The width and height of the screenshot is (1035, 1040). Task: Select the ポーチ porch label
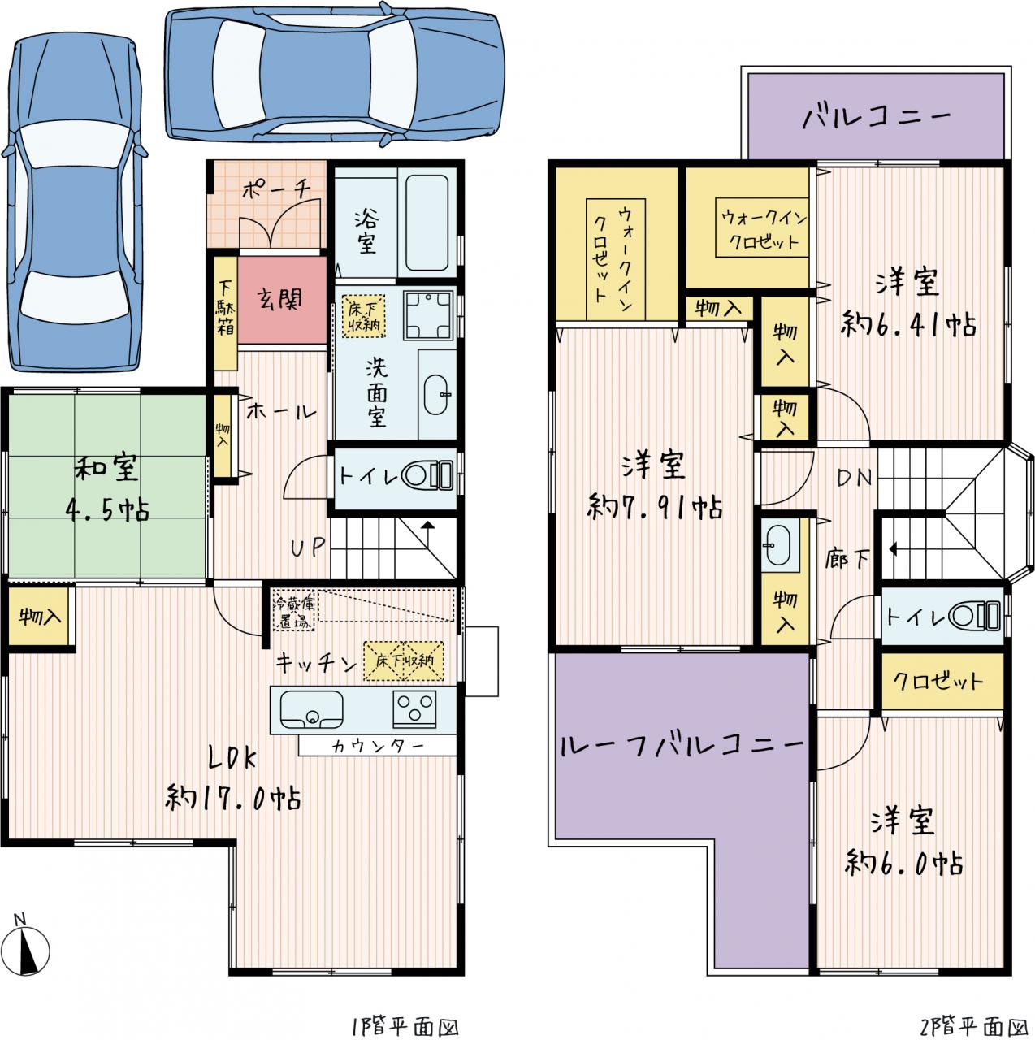point(276,189)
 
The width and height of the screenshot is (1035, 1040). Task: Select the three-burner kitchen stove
point(414,708)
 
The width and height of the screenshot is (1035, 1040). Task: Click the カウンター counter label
point(378,747)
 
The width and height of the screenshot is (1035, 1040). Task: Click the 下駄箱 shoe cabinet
point(226,313)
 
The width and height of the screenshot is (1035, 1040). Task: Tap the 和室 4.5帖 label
point(106,487)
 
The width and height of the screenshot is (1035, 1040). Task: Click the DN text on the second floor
point(854,477)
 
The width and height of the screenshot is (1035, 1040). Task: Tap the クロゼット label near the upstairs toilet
point(938,681)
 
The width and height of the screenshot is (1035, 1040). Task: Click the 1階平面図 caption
point(405,1026)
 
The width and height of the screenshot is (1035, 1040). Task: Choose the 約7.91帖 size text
point(655,507)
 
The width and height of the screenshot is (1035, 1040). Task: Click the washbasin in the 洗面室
point(438,395)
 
